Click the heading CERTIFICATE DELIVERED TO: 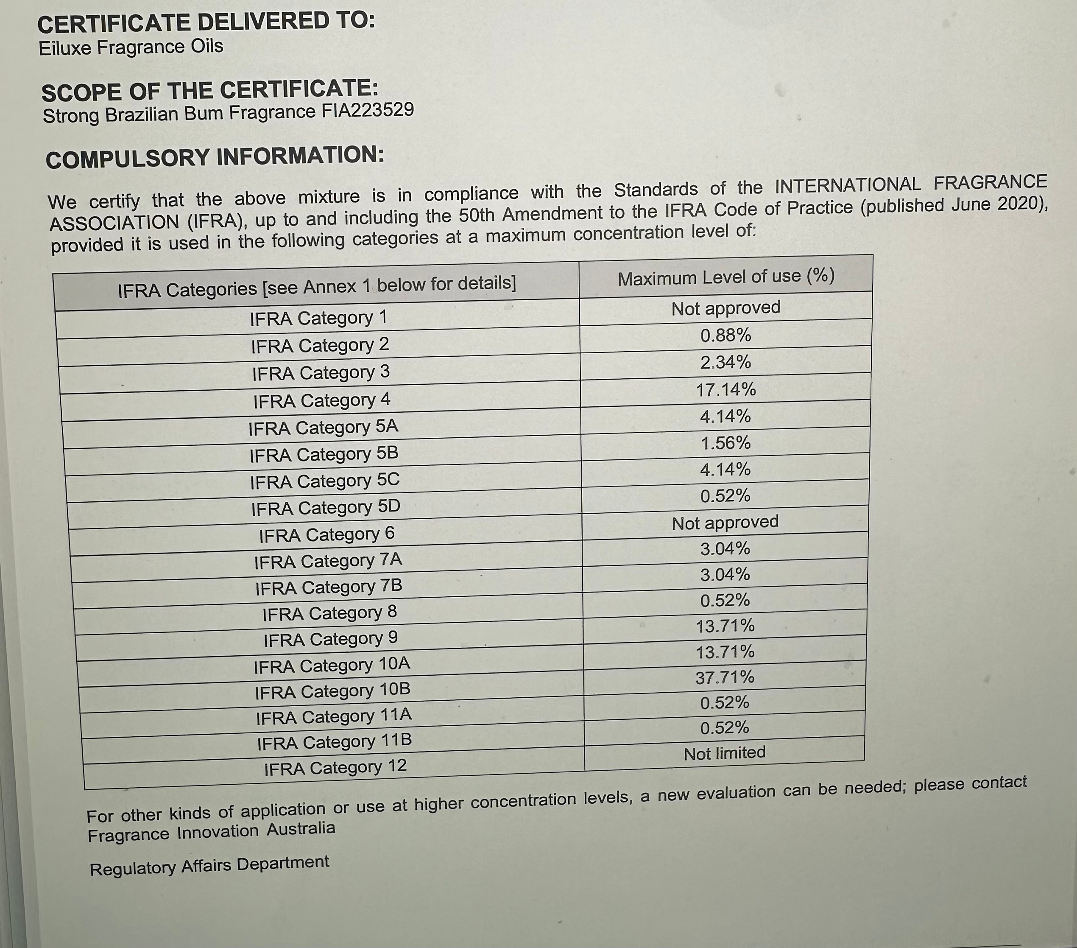pyautogui.click(x=206, y=22)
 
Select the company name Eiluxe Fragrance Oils pyautogui.click(x=131, y=48)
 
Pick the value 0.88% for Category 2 pyautogui.click(x=725, y=335)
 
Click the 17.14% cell pyautogui.click(x=725, y=390)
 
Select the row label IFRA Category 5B pyautogui.click(x=324, y=454)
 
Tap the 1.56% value pyautogui.click(x=725, y=443)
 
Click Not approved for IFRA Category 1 pyautogui.click(x=725, y=308)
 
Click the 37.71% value pyautogui.click(x=725, y=677)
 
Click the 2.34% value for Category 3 pyautogui.click(x=725, y=363)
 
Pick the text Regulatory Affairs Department pyautogui.click(x=209, y=866)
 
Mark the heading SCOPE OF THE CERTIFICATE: pyautogui.click(x=210, y=91)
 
